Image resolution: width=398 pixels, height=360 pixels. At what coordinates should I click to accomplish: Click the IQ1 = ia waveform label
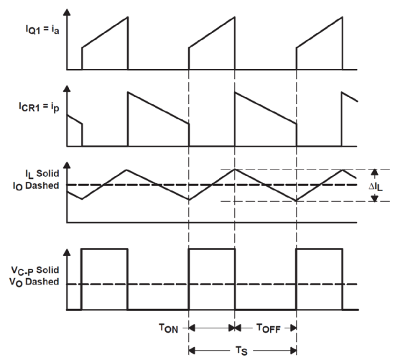(42, 29)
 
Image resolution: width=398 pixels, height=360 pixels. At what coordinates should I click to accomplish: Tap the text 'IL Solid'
(42, 174)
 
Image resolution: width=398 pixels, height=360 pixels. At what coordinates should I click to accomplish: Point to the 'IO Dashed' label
(36, 186)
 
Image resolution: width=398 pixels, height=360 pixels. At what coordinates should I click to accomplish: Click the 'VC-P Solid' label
(35, 270)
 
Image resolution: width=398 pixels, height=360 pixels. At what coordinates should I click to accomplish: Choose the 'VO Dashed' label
(34, 282)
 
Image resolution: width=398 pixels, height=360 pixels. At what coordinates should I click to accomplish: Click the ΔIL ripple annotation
(376, 187)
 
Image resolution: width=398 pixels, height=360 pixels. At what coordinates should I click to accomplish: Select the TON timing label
(168, 328)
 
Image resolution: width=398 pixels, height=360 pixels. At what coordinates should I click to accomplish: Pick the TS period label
(241, 351)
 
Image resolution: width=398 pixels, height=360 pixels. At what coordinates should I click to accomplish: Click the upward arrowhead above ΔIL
(374, 172)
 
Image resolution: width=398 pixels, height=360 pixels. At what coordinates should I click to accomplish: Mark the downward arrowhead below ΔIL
(374, 198)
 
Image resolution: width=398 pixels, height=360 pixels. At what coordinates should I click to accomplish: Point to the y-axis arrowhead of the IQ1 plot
(67, 12)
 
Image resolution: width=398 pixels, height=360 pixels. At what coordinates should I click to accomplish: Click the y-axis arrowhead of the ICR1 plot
(67, 88)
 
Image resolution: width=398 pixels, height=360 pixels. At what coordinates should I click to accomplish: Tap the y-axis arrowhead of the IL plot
(67, 165)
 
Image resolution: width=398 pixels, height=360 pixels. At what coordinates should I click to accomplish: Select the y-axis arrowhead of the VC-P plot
(67, 252)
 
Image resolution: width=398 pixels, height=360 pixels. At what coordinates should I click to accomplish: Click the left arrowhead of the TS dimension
(192, 351)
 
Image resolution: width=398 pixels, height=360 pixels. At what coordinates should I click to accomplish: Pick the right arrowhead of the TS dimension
(293, 351)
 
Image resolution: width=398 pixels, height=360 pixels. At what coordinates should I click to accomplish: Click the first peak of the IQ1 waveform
(128, 17)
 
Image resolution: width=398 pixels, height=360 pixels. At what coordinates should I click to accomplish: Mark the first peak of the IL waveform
(126, 170)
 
